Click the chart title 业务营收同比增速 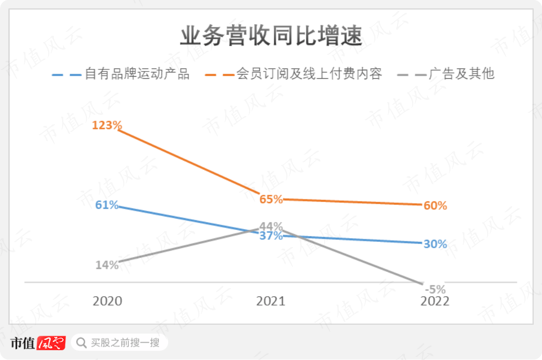click(x=271, y=37)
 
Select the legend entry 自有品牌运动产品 click(x=137, y=74)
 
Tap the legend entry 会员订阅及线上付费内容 click(x=309, y=74)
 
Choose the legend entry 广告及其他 click(x=462, y=74)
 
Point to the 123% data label click(x=107, y=125)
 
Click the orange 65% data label click(x=271, y=199)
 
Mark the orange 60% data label click(x=435, y=206)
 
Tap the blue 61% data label click(x=107, y=205)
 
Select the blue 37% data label click(x=271, y=236)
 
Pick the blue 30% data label click(x=435, y=244)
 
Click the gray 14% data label click(x=107, y=265)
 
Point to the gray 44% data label click(x=271, y=226)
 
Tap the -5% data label click(x=435, y=290)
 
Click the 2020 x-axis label click(x=107, y=301)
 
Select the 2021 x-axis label click(x=271, y=301)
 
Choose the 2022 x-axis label click(x=435, y=301)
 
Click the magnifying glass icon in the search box click(x=81, y=342)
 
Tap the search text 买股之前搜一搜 click(x=125, y=342)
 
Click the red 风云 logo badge click(x=51, y=343)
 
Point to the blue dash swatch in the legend click(x=67, y=75)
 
